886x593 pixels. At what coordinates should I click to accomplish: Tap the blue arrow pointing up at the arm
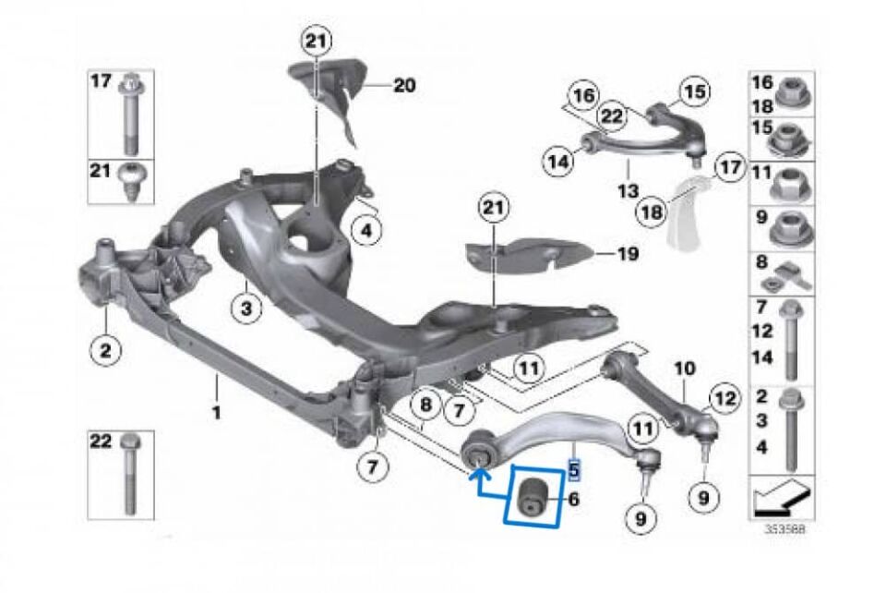[x=479, y=476]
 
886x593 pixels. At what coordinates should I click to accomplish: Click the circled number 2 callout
[x=105, y=350]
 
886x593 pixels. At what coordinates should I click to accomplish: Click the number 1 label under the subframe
[x=216, y=412]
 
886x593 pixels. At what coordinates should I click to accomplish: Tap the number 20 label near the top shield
[x=403, y=86]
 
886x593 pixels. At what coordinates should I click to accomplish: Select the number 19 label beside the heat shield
[x=628, y=253]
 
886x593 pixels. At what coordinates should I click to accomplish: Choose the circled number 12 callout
[x=724, y=399]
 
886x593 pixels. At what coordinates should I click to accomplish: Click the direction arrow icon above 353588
[x=781, y=500]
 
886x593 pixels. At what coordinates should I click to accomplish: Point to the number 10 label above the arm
[x=685, y=368]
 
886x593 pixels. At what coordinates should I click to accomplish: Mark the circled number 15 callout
[x=693, y=91]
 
